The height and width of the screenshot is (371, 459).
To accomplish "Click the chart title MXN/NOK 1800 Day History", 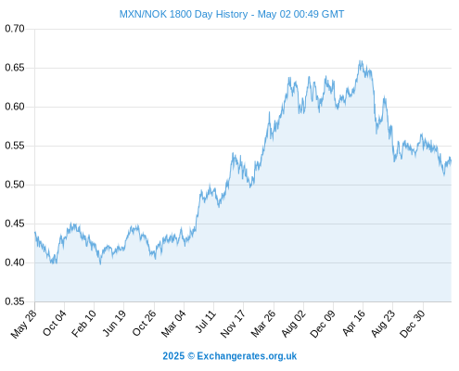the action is (x=184, y=14).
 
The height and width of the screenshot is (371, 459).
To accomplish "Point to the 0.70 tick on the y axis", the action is (x=15, y=29).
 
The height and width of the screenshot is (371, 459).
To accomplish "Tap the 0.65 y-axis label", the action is (x=15, y=68).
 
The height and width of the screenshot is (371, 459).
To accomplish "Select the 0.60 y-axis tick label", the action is (x=15, y=107).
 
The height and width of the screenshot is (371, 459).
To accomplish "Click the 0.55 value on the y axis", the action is (x=15, y=146).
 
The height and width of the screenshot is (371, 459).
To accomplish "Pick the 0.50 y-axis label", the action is (x=15, y=185).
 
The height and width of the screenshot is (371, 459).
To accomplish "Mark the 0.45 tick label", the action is (x=15, y=224).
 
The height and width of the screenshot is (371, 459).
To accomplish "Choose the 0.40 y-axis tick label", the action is (x=15, y=262).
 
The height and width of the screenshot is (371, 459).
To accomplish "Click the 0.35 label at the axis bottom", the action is (x=15, y=301).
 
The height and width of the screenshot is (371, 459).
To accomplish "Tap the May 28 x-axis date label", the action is (x=24, y=324).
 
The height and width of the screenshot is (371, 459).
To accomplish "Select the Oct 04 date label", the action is (x=55, y=323).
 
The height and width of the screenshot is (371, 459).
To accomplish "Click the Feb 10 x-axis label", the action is (x=83, y=324).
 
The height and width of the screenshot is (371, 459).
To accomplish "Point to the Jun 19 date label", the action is (x=114, y=323).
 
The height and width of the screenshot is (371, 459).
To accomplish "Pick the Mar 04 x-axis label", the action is (x=173, y=324).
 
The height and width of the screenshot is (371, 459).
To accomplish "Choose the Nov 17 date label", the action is (x=233, y=324).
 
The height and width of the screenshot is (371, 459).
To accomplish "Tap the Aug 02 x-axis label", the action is (x=294, y=324).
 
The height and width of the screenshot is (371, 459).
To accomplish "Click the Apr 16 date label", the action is (x=354, y=323).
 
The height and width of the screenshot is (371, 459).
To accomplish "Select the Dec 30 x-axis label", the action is (x=413, y=324).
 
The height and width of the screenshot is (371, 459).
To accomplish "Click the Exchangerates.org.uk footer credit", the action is (x=247, y=356).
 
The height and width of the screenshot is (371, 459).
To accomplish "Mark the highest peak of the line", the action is (x=360, y=60).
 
